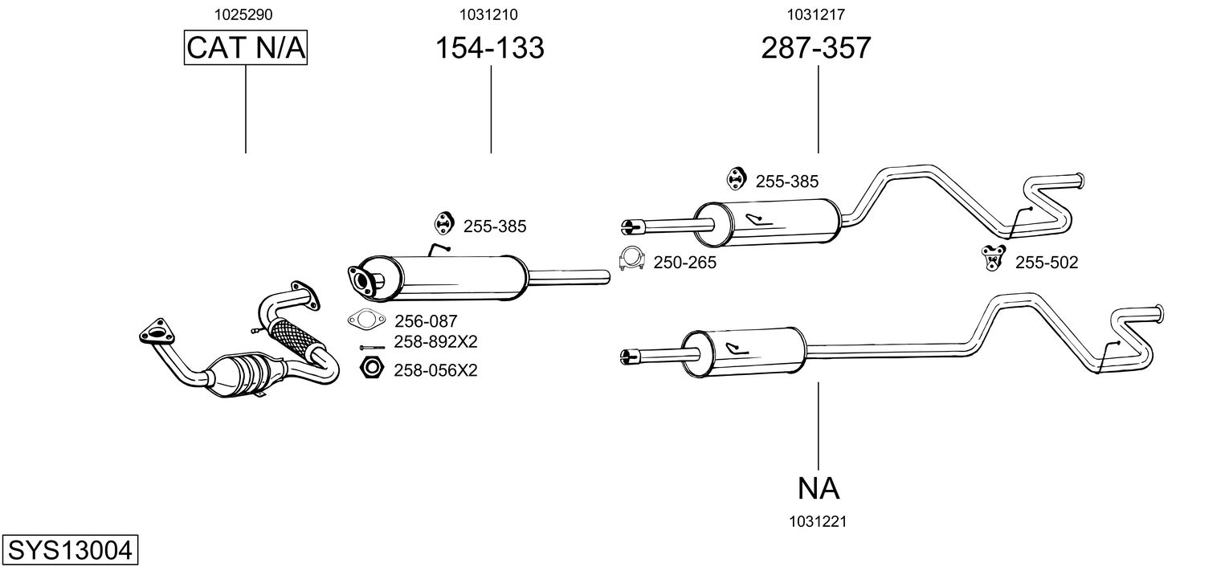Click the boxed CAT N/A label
pos(246,48)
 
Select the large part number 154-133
pos(489,48)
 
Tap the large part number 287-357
pos(816,48)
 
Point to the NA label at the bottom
pos(819,487)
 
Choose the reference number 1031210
pos(488,14)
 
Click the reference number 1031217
pos(815,14)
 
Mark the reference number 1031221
pos(819,521)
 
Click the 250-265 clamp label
pos(684,262)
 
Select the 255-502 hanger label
pos(1047,262)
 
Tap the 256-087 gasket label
pos(426,321)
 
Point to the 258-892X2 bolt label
pos(435,341)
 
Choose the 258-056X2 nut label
pos(435,370)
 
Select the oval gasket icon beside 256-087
pos(365,320)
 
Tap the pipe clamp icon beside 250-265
pos(632,259)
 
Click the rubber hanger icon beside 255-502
pos(994,257)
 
